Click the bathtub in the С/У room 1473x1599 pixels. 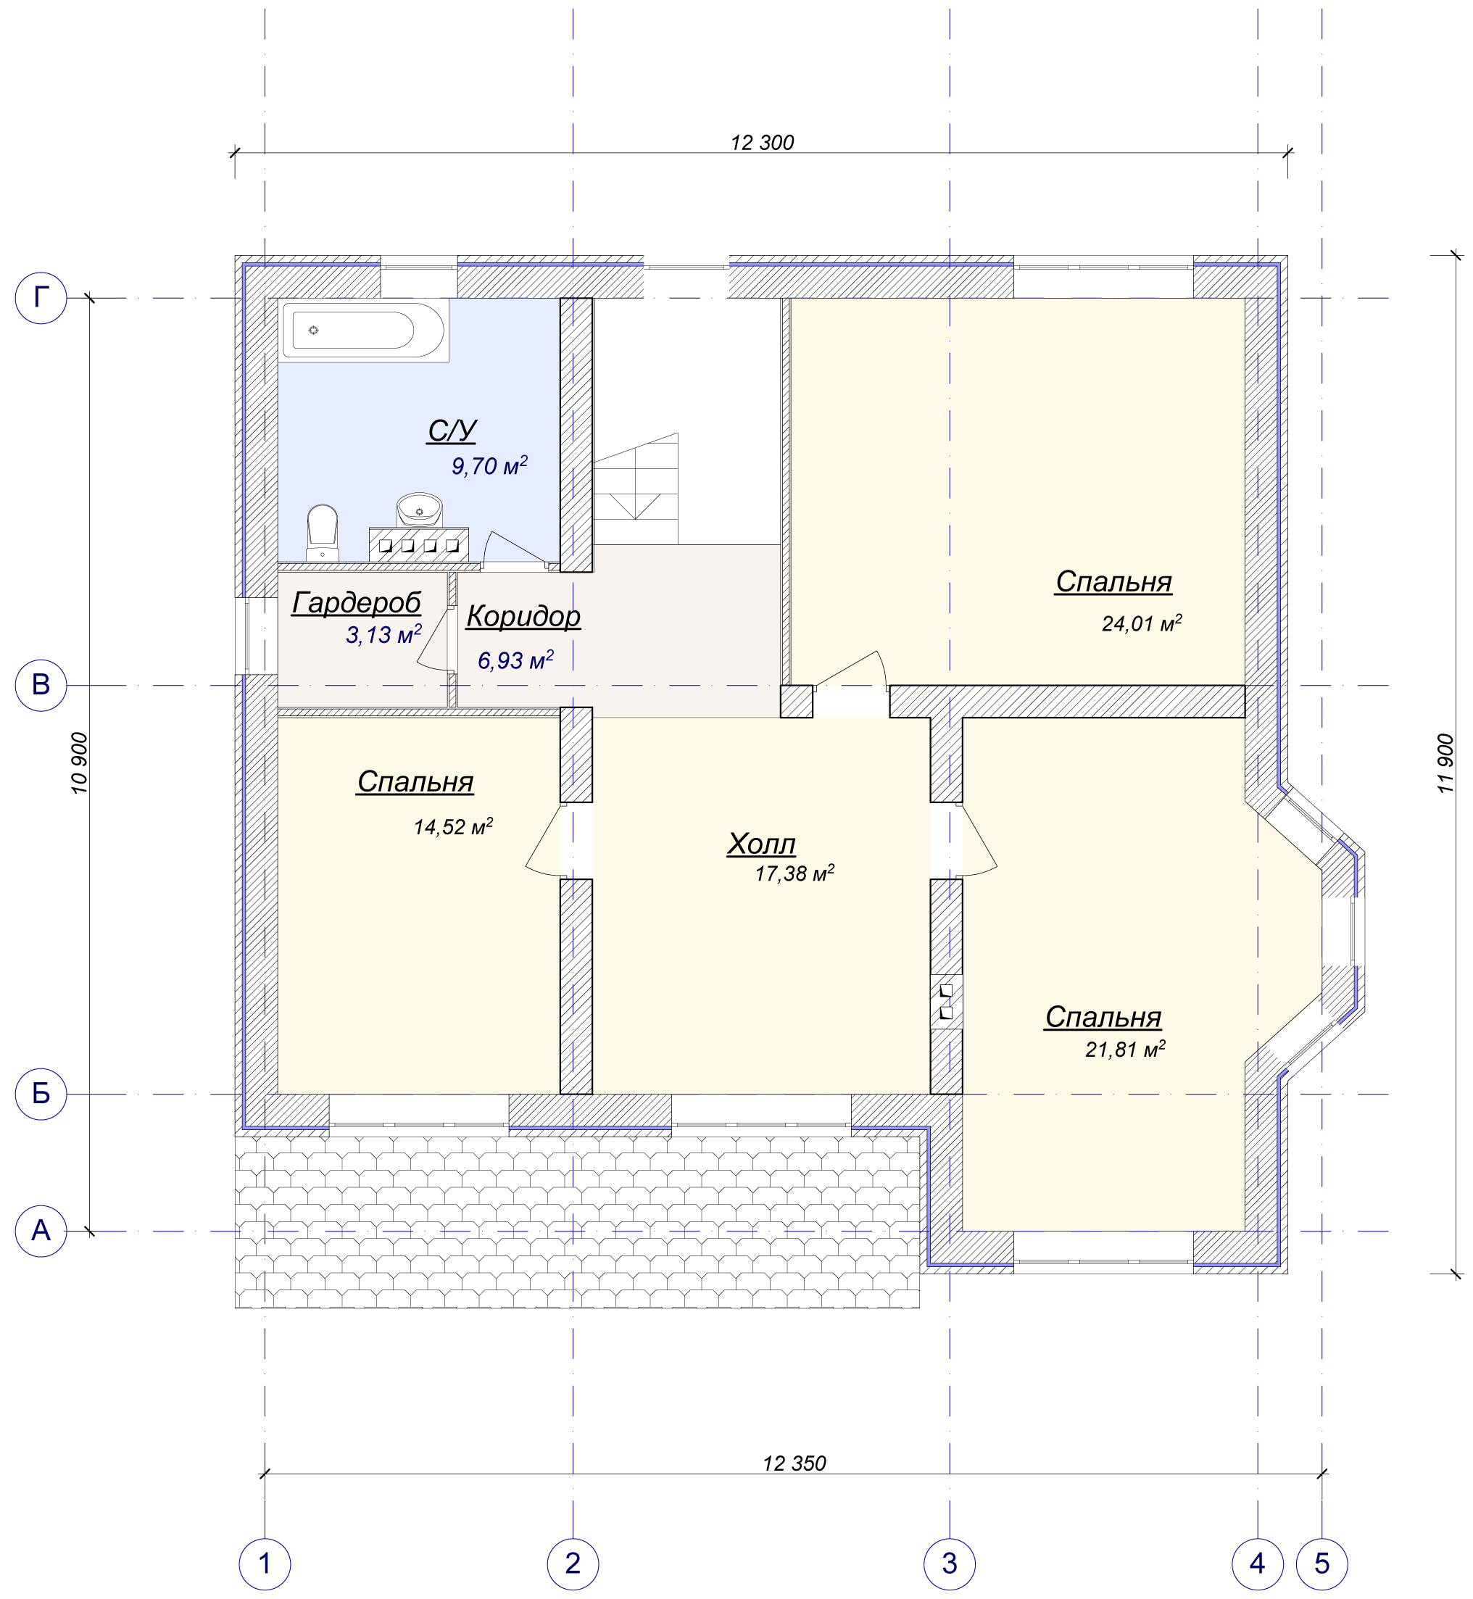363,330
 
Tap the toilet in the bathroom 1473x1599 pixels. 323,533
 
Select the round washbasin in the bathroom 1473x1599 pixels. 419,510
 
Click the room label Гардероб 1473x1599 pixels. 357,603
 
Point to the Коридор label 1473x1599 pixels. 523,616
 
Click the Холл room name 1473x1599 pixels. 761,843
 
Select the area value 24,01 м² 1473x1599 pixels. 1142,623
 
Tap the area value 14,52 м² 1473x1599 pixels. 454,826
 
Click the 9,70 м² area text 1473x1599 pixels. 489,465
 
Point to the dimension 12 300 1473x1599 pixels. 763,143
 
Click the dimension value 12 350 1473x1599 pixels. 794,1463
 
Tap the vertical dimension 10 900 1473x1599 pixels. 80,763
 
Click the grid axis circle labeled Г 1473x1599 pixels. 41,298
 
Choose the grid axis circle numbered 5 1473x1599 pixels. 1322,1564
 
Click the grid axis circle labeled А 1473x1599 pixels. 41,1232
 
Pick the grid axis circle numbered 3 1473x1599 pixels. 950,1564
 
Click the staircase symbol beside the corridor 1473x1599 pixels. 636,489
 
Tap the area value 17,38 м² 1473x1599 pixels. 794,873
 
